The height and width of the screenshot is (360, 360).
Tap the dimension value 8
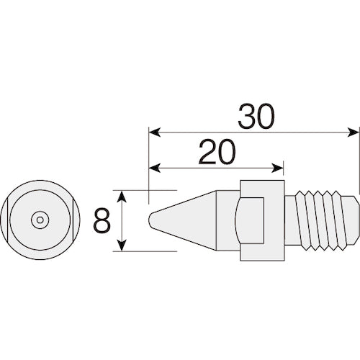[x=102, y=220]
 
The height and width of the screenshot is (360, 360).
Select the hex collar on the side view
[x=259, y=220]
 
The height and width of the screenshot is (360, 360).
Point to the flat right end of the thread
[x=356, y=220]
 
